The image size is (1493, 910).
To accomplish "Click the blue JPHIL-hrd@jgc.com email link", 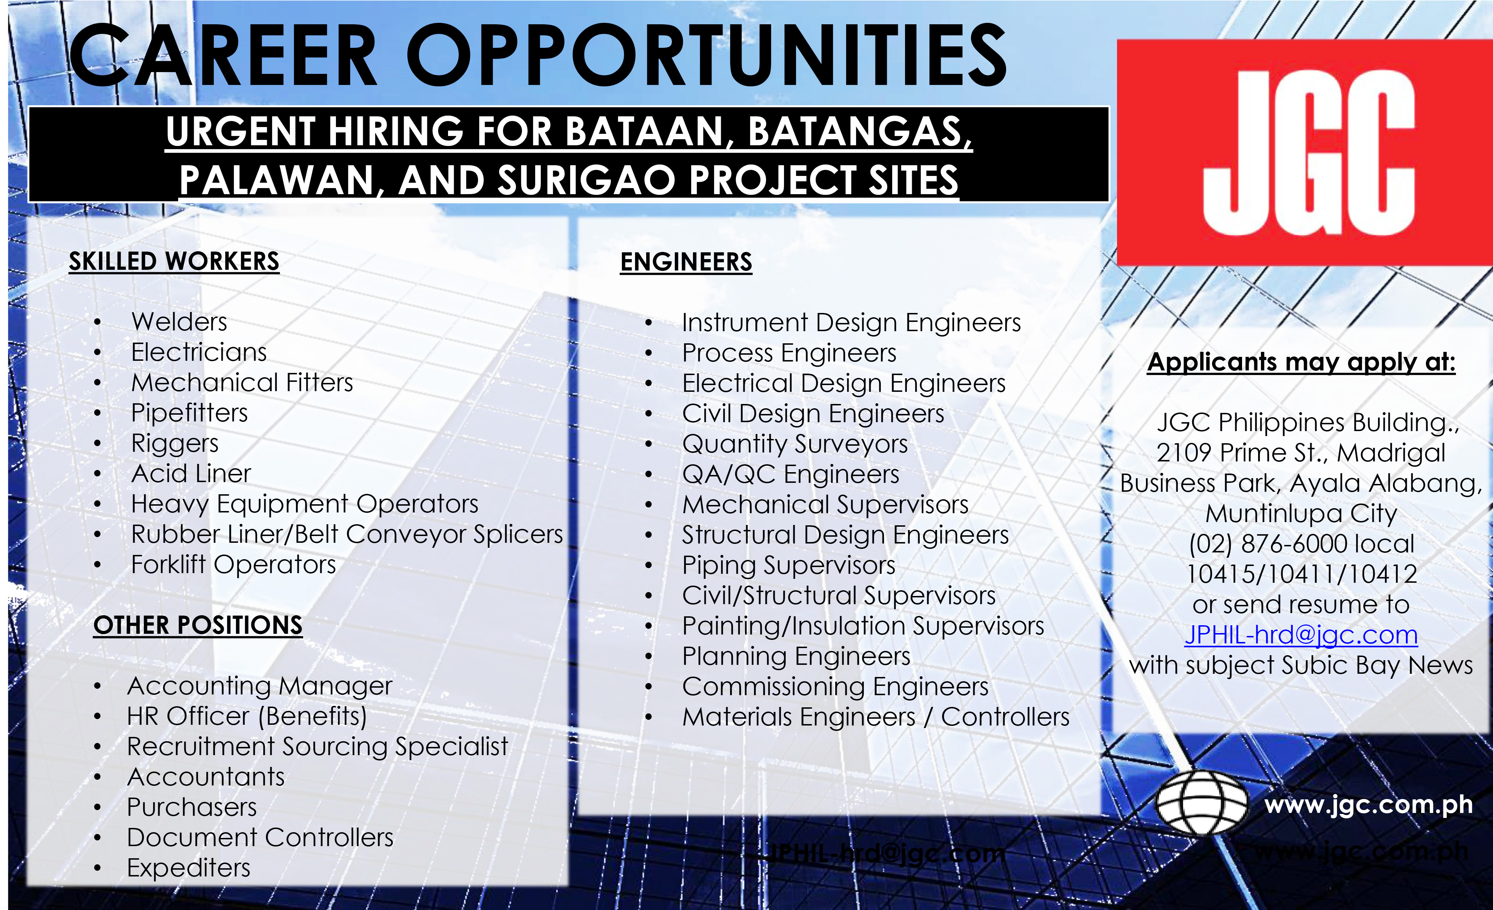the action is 1301,635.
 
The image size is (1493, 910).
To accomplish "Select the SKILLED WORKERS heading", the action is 174,261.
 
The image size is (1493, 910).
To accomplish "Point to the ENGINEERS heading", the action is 686,262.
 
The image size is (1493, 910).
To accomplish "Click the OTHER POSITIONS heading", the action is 197,625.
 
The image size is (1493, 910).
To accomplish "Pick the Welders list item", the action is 179,322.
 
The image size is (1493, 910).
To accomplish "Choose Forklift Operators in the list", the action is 233,565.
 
